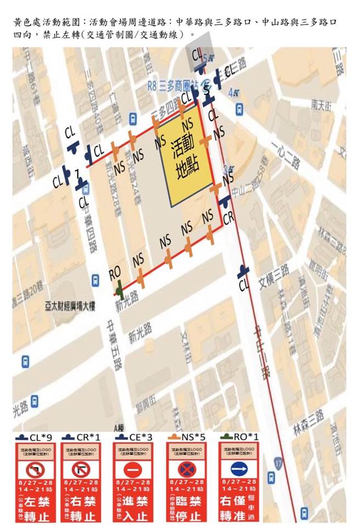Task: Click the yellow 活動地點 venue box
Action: tap(186, 160)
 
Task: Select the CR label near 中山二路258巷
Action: tap(229, 218)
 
